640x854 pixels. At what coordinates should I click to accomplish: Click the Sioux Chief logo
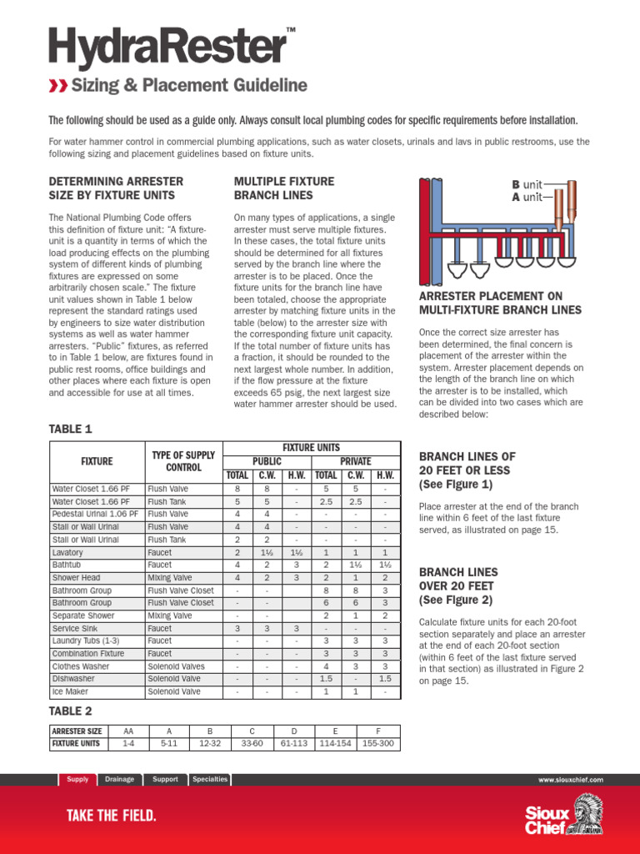click(x=563, y=815)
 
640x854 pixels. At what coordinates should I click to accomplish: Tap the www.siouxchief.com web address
click(x=571, y=780)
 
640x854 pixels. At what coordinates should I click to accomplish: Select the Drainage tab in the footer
click(x=119, y=779)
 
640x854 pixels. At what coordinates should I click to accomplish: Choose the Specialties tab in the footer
click(x=209, y=779)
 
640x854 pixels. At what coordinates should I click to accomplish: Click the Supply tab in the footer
click(x=77, y=779)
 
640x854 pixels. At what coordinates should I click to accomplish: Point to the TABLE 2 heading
click(x=71, y=711)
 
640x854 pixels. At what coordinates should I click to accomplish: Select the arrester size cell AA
click(x=127, y=731)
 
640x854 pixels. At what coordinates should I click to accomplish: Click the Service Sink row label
click(x=72, y=628)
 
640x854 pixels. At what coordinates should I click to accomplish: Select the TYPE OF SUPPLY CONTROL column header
click(x=183, y=461)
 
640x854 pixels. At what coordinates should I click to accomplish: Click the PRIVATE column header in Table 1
click(x=355, y=461)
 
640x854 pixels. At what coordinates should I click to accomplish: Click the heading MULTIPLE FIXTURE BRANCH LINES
click(x=272, y=188)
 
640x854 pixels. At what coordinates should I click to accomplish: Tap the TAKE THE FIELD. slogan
click(x=111, y=816)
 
